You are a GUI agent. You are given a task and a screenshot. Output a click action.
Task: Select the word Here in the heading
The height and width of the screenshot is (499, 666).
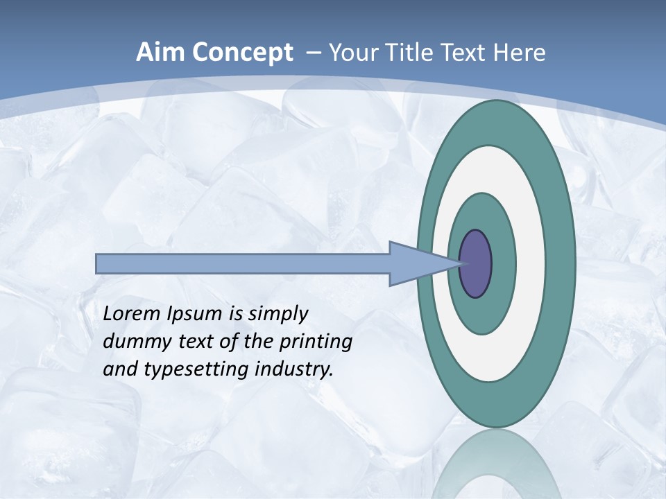[x=520, y=53]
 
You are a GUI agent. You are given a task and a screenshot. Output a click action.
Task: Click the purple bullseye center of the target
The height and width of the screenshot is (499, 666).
[x=476, y=263]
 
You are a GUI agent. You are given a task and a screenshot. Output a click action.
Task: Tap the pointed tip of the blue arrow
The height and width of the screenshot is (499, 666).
[x=461, y=263]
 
